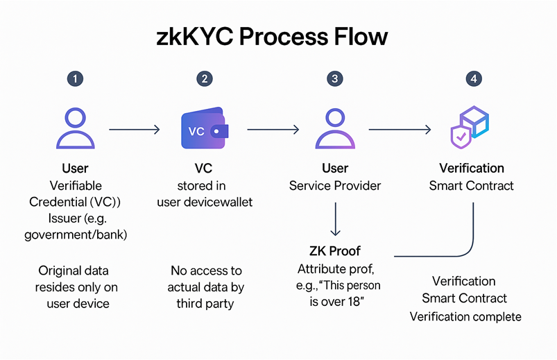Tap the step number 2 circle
204,78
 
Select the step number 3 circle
335,78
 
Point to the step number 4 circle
473,78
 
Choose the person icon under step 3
335,128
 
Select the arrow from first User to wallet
135,129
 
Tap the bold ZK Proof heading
335,250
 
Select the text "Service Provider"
335,186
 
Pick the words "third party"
206,303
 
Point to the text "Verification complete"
465,316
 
